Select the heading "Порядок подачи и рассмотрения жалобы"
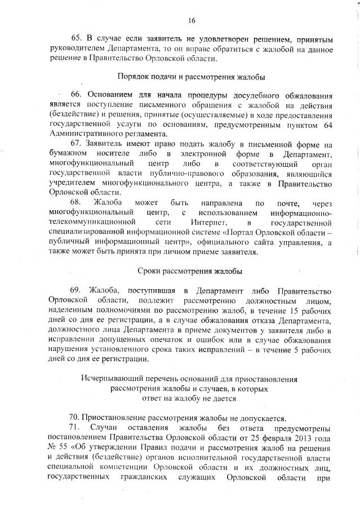[192, 77]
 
